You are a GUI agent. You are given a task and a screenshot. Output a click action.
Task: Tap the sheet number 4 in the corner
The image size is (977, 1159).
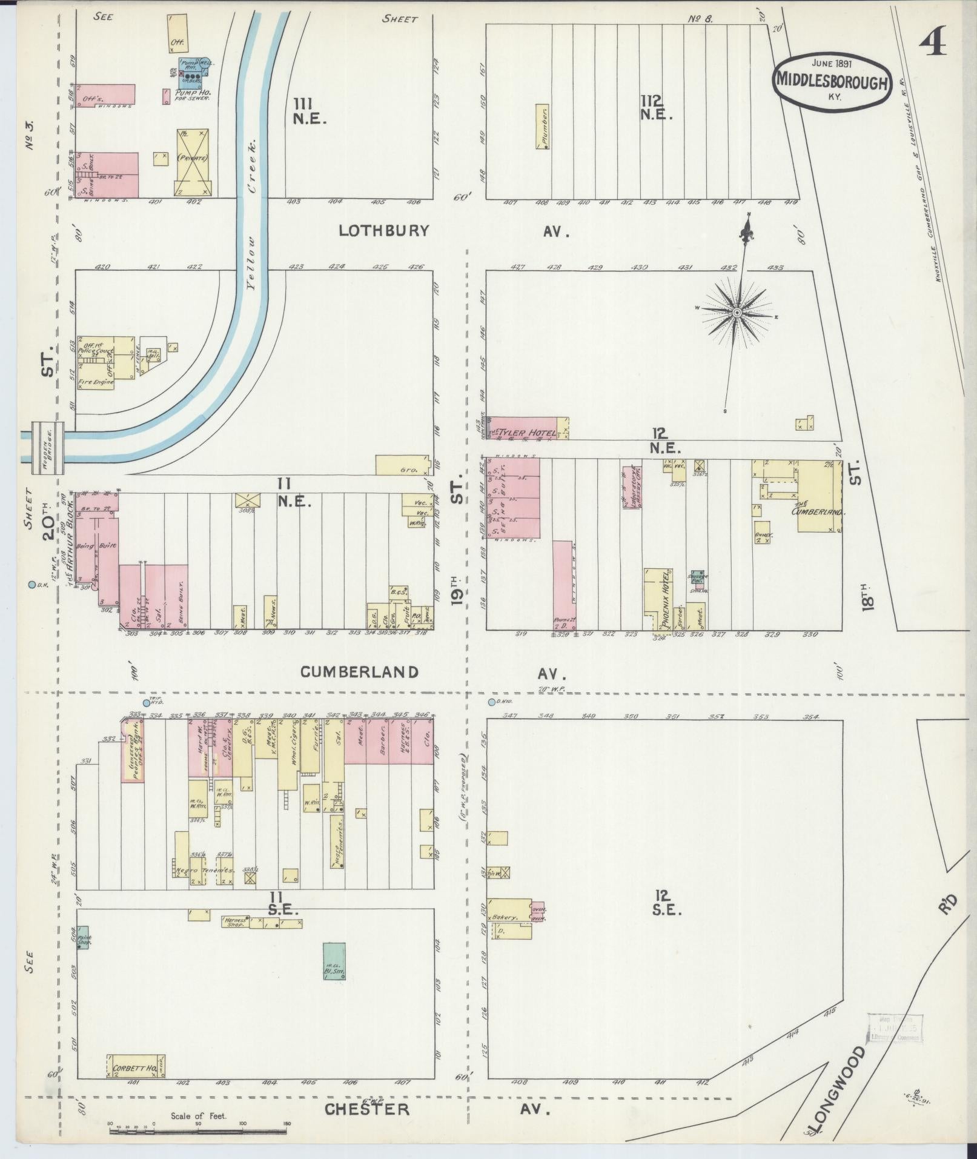click(x=932, y=44)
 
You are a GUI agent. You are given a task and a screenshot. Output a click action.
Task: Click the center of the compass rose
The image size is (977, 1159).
click(x=737, y=313)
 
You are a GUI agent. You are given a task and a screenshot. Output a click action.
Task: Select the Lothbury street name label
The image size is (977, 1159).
click(x=383, y=231)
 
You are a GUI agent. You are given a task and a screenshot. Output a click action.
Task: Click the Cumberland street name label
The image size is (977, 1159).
click(x=359, y=672)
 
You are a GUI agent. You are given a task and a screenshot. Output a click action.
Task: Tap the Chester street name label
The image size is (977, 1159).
click(x=366, y=1109)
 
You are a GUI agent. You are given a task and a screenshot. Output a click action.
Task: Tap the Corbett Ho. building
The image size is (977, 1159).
click(x=136, y=1066)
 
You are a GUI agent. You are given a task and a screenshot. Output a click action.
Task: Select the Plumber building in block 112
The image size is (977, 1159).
click(x=542, y=127)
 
